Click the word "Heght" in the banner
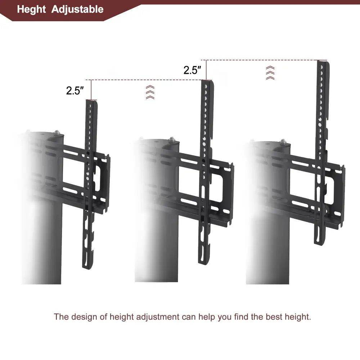point(32,9)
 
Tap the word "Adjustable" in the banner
point(77,9)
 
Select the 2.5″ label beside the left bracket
point(75,90)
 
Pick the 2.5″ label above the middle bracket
point(192,70)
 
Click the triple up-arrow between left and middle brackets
point(150,92)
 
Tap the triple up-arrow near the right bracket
point(270,73)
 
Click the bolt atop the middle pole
point(172,139)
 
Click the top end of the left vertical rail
point(91,102)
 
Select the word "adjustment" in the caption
point(159,317)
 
